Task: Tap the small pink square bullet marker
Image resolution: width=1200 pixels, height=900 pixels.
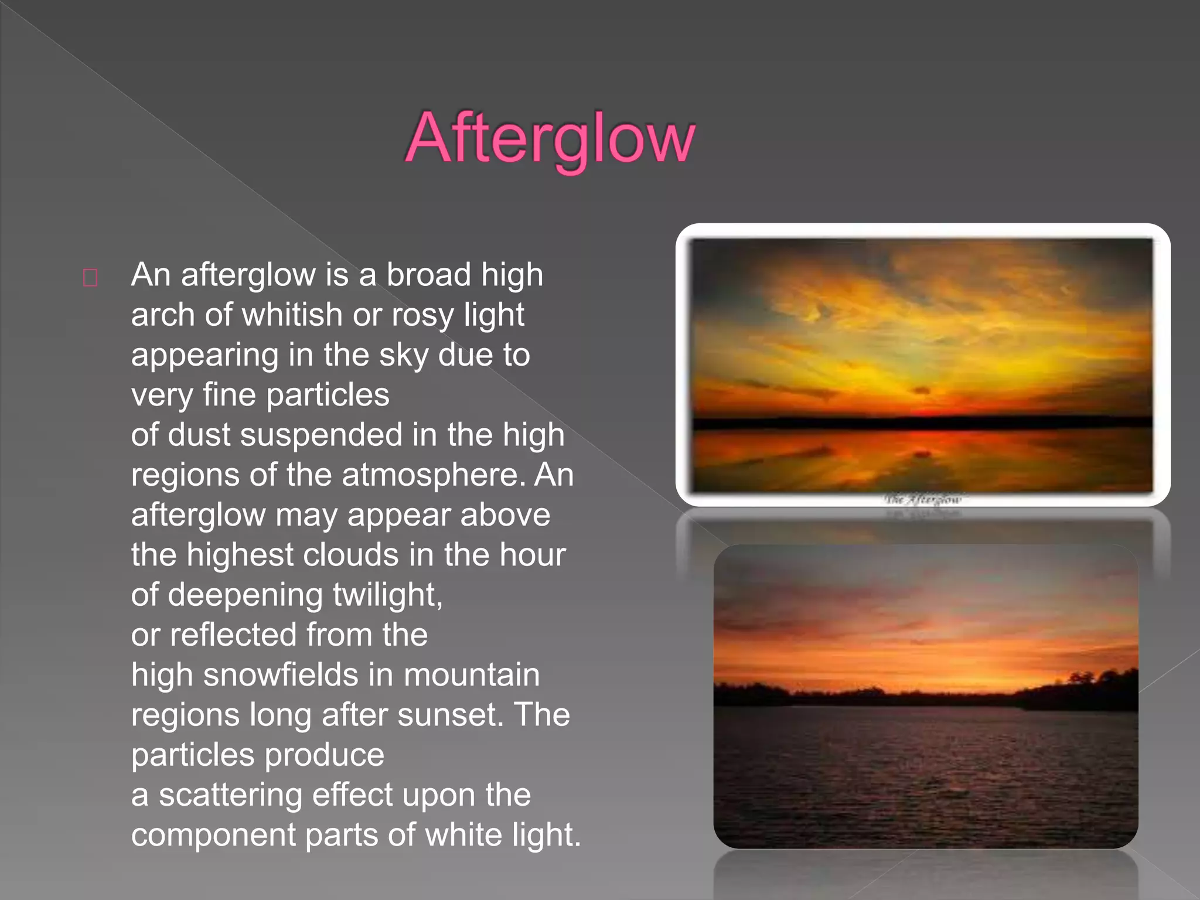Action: click(90, 278)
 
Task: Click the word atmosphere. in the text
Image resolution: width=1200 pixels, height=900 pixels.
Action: click(434, 475)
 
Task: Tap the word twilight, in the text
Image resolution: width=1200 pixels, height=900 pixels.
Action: click(387, 595)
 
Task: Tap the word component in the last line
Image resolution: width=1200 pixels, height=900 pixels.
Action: click(213, 836)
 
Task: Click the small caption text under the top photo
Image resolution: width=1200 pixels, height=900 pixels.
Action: click(923, 500)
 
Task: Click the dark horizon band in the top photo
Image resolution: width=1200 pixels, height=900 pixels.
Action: click(923, 422)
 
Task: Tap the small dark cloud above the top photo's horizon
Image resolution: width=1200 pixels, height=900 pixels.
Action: click(922, 390)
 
